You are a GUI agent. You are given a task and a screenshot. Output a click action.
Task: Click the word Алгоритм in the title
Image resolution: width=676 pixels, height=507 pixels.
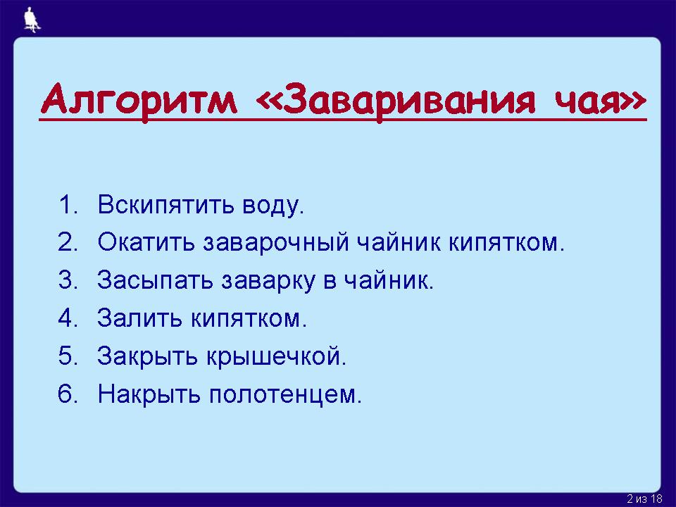pos(139,99)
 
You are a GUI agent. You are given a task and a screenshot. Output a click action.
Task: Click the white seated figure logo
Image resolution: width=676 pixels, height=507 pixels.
pos(32,20)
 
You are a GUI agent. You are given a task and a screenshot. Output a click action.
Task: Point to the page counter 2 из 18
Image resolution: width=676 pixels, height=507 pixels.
pos(644,499)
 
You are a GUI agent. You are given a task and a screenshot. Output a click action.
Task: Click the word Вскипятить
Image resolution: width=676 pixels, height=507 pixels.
pos(166,204)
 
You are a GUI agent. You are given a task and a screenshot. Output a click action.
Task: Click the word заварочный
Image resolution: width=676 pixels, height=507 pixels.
pos(276,244)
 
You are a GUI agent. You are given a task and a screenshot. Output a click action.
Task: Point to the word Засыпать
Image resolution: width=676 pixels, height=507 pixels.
pos(155,281)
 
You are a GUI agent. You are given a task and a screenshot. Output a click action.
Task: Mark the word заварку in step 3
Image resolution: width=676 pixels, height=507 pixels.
pos(268,282)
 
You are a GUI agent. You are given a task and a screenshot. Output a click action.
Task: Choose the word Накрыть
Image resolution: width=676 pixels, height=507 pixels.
pos(149,395)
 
